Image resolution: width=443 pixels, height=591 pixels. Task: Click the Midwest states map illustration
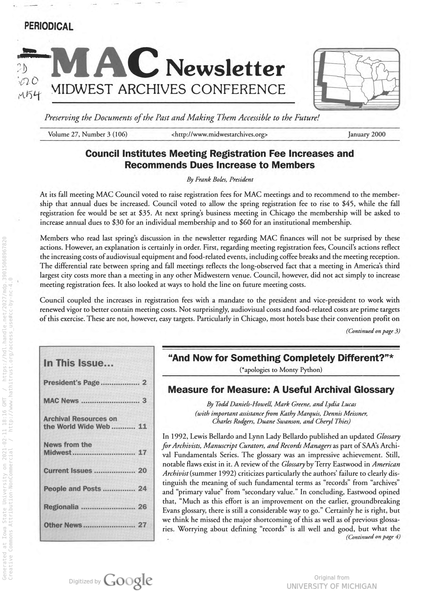click(x=356, y=79)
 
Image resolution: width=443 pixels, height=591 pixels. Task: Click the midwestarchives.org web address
click(x=219, y=134)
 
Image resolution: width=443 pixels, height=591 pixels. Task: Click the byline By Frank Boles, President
click(x=220, y=180)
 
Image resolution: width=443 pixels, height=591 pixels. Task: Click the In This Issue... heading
click(x=79, y=363)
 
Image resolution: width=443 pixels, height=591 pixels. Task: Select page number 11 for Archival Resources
click(x=142, y=426)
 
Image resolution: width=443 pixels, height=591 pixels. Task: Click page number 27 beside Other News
click(x=142, y=525)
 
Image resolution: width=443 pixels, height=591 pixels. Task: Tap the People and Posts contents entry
click(x=72, y=489)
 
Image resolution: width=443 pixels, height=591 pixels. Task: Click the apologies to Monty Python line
click(x=281, y=370)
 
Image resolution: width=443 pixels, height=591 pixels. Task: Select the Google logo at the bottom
click(x=128, y=581)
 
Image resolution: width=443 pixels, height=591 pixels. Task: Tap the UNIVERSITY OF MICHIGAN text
click(x=332, y=586)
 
